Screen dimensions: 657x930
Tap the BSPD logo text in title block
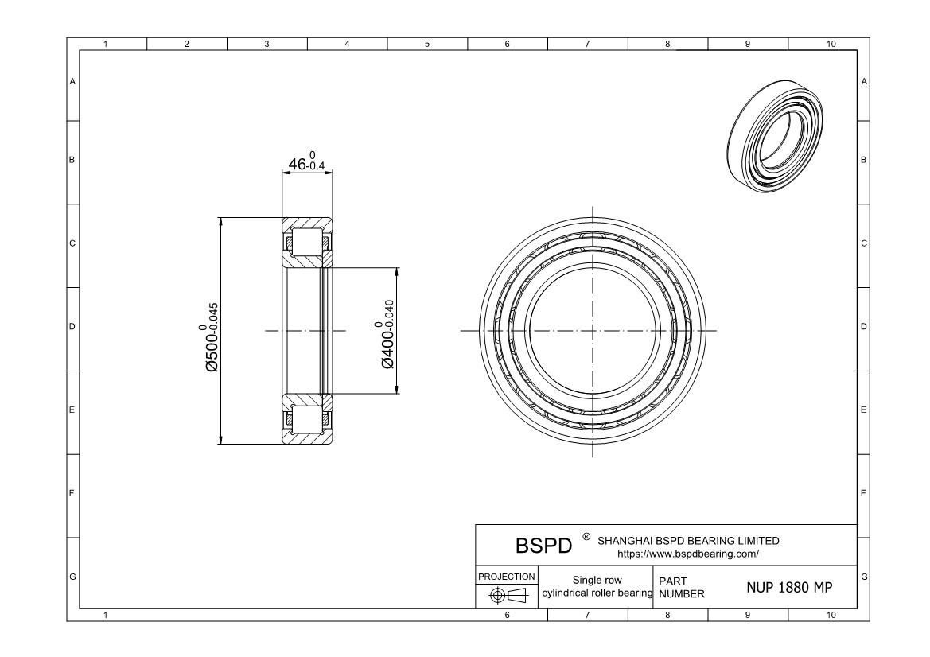coord(545,546)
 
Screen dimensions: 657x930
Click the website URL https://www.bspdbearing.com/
coord(688,553)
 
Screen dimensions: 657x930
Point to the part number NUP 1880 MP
coord(789,588)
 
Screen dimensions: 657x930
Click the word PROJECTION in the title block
coord(507,576)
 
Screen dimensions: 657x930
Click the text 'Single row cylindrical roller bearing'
coord(597,587)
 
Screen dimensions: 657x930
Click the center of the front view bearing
coord(593,330)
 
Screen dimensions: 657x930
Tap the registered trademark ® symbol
coord(586,538)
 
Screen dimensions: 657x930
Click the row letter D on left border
coord(72,327)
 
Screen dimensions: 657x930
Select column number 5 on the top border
coord(427,44)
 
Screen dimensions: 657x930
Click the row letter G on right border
coord(864,575)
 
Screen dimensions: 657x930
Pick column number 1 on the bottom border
coord(107,615)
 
